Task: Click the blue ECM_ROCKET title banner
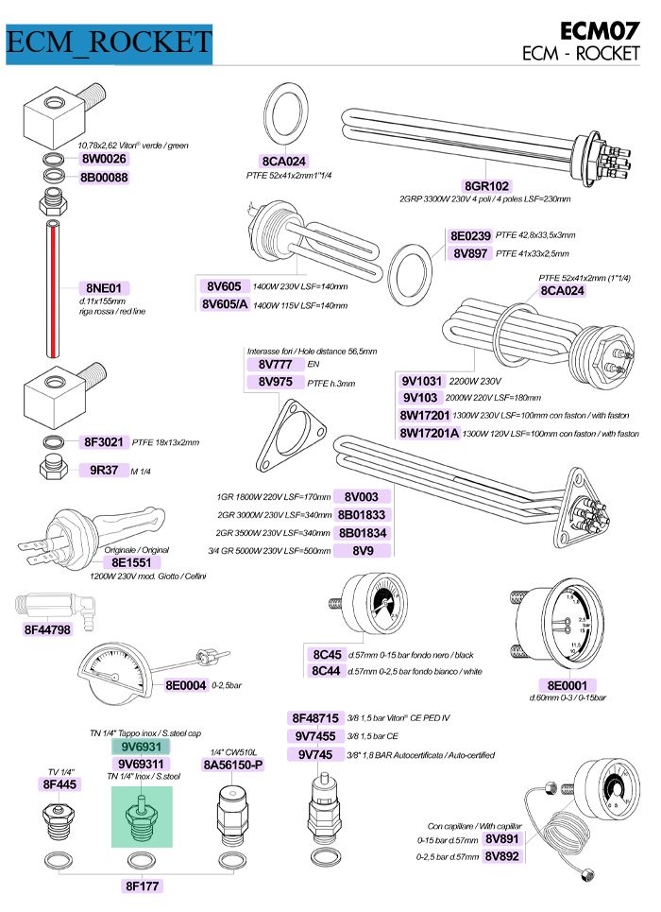[108, 42]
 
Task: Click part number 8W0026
[104, 159]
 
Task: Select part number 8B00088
[104, 177]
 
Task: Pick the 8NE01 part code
[104, 287]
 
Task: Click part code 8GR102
[486, 186]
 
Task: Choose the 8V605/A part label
[225, 304]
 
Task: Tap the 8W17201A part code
[430, 433]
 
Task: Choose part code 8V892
[502, 856]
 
